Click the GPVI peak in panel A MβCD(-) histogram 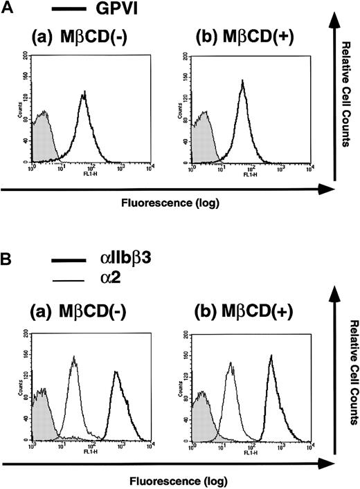(84, 93)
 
